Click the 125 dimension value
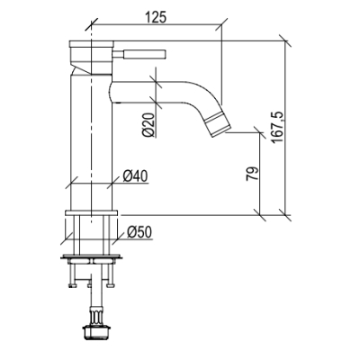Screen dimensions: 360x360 (156, 17)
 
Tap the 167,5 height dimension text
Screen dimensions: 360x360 (277, 127)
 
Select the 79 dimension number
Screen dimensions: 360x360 (252, 174)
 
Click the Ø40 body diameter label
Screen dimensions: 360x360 (136, 176)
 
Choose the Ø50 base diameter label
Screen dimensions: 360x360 (139, 232)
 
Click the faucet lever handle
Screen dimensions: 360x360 (139, 54)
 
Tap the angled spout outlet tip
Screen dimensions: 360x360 (218, 123)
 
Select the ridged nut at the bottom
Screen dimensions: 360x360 (96, 332)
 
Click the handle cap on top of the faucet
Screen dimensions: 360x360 (92, 44)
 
